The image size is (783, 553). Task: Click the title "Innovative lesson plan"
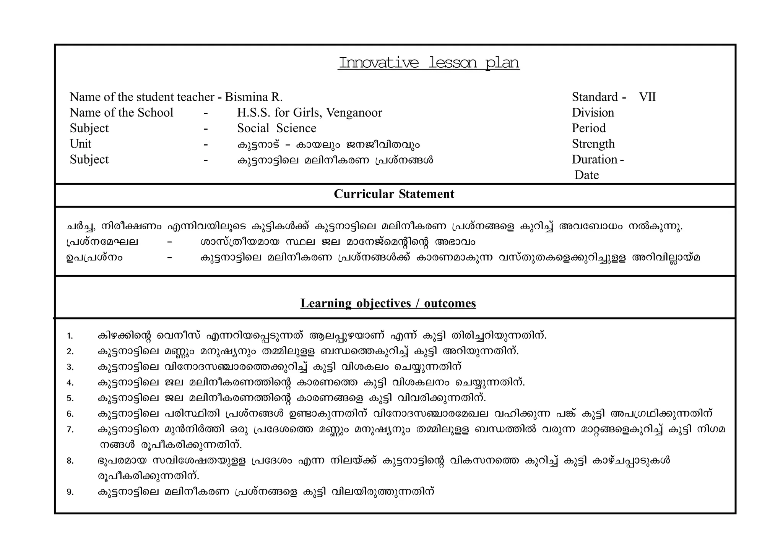tap(429, 63)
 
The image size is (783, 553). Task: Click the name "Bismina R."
tap(253, 97)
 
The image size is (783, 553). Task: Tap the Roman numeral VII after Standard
tap(647, 97)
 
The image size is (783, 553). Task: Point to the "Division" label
tap(593, 113)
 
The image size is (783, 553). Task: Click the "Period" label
tap(588, 128)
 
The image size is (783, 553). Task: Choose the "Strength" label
tap(593, 144)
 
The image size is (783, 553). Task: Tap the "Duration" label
tap(595, 159)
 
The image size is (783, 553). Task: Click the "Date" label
tap(586, 175)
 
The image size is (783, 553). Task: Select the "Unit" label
tap(80, 144)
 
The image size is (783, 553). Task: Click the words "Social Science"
tap(276, 128)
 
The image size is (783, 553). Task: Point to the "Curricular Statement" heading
tap(394, 194)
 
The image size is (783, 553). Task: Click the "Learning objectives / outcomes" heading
tap(388, 303)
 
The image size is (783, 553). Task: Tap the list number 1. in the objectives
tap(70, 336)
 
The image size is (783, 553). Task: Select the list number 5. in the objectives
tap(70, 399)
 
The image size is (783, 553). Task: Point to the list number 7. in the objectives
tap(70, 430)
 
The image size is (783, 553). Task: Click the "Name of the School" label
tap(121, 113)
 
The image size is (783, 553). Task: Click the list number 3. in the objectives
tap(70, 367)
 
